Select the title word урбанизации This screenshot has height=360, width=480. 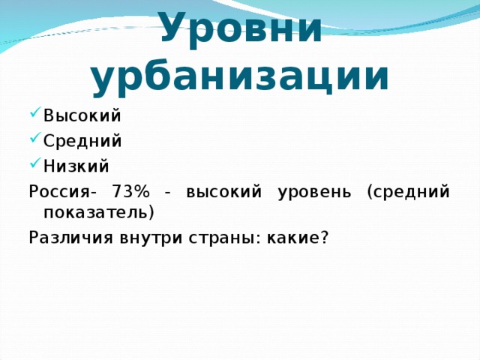pos(240,76)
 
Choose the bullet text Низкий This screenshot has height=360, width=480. pos(76,165)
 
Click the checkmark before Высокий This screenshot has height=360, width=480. pos(34,117)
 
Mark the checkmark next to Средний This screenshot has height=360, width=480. pos(34,141)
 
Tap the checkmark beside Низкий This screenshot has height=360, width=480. pos(34,165)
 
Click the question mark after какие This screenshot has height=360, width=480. pos(324,237)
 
